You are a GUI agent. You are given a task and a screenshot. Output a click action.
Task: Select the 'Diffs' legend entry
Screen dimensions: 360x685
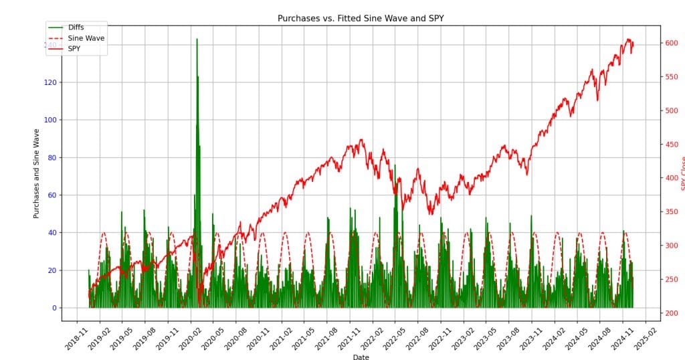[76, 27]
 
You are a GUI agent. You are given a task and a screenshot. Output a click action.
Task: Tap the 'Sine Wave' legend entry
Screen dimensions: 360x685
[86, 38]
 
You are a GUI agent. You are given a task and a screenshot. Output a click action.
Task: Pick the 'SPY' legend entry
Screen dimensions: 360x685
[74, 49]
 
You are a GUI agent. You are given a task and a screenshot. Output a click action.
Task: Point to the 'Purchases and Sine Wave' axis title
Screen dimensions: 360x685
[37, 173]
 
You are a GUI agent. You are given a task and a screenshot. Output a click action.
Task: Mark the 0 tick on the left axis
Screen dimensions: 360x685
[56, 308]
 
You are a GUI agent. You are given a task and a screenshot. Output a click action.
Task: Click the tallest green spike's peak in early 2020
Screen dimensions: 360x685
[197, 39]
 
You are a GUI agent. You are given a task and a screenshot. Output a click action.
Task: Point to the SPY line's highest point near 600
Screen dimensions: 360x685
[629, 39]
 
